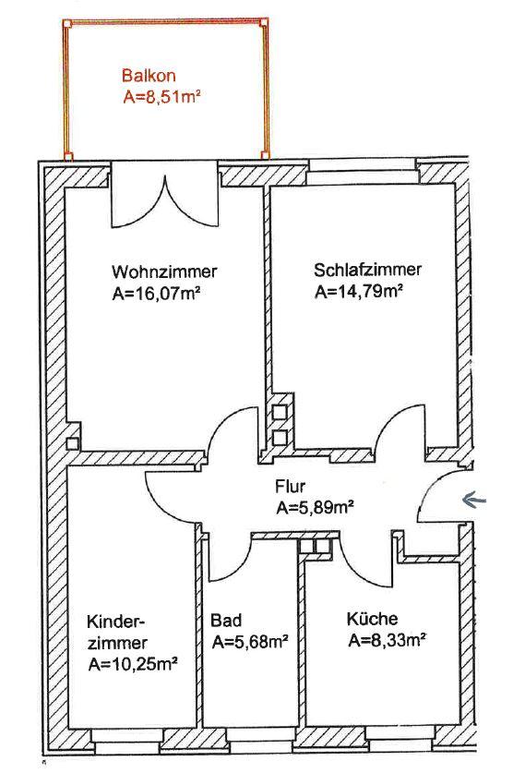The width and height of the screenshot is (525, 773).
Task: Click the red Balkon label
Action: pos(149,76)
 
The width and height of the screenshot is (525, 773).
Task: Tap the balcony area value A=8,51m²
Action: pos(161,97)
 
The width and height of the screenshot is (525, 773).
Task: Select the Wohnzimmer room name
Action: pos(164,272)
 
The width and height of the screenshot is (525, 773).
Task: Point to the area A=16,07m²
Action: pos(156,294)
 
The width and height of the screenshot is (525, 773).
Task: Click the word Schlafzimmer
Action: pos(368,270)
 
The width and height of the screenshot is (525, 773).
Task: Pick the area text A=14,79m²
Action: pos(359,291)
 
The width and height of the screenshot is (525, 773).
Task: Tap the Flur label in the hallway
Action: pos(290,486)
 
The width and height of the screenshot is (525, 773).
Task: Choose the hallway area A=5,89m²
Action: pos(316,507)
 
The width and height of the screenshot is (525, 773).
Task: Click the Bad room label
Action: pos(226,620)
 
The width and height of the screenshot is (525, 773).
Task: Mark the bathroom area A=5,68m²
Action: pos(250,641)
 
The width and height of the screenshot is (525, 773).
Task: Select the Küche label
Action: pos(373,618)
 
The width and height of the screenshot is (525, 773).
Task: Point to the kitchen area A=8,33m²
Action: pos(387,640)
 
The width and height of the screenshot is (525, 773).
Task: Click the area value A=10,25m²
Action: pos(133,664)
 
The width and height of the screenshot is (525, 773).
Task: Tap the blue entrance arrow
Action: pos(473,501)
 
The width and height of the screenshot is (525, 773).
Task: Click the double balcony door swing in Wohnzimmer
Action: pos(164,198)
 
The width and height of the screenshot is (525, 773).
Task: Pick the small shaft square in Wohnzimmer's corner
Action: pos(72,443)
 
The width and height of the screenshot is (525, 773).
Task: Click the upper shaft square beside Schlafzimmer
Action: pos(280,412)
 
